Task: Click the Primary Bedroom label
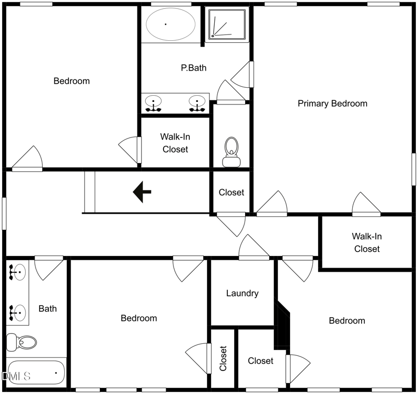(332, 103)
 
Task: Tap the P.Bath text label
(192, 67)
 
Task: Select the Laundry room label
(242, 293)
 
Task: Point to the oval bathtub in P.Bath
(170, 24)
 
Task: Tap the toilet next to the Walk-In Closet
(230, 152)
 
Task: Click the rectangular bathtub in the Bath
(36, 373)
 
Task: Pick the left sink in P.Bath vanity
(154, 102)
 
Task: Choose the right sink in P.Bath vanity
(197, 102)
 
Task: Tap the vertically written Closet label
(223, 358)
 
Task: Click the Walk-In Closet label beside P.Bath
(175, 143)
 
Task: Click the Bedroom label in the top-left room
(72, 81)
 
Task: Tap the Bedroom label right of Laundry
(346, 320)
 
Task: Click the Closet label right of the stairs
(231, 192)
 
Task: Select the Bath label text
(48, 308)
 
